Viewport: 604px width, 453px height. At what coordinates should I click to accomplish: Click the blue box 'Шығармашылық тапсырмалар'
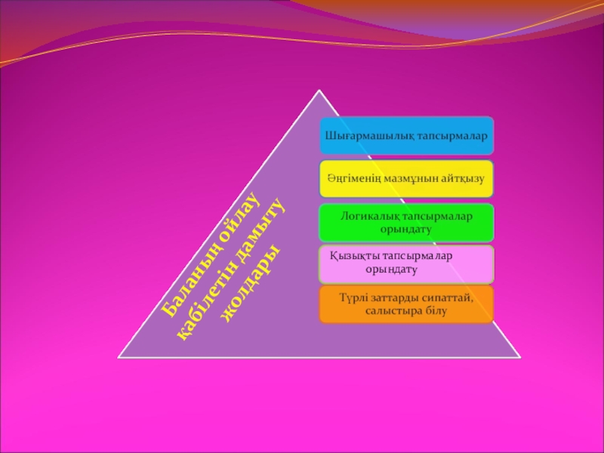click(x=406, y=133)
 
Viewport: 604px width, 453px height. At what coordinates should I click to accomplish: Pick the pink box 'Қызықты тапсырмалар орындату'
click(x=406, y=263)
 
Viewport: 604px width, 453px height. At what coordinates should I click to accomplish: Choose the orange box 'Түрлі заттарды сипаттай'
click(x=406, y=304)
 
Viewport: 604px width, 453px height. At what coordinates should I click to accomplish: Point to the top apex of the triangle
click(x=320, y=91)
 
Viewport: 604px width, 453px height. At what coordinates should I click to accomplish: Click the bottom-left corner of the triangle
click(x=119, y=357)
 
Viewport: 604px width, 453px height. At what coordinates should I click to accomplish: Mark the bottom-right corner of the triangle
click(x=520, y=357)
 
